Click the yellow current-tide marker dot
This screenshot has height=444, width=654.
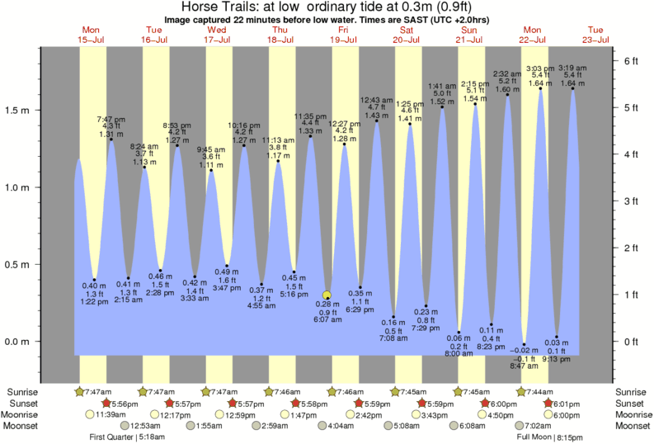coord(327,295)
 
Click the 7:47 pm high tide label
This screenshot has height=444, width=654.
coord(111,120)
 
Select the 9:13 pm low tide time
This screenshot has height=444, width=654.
coord(557,360)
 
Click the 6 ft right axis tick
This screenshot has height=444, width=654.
coord(631,61)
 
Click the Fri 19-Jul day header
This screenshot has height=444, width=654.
coord(343,34)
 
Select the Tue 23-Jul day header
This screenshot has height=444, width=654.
coord(596,34)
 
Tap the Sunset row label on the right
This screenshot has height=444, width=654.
coord(630,403)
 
